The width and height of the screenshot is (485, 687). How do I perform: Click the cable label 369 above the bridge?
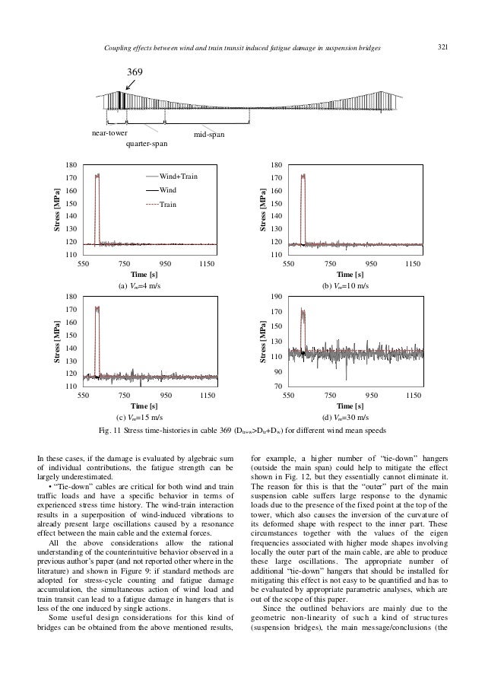[135, 73]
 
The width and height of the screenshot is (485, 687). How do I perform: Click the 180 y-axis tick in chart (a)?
[72, 164]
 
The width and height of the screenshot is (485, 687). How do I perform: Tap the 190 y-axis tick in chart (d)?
[277, 296]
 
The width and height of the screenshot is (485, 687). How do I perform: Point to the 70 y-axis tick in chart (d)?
[279, 387]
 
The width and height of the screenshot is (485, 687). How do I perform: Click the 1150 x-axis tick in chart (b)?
[413, 263]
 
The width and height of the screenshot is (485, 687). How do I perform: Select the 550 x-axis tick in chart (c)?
[84, 397]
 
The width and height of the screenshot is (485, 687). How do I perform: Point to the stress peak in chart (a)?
[97, 176]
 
